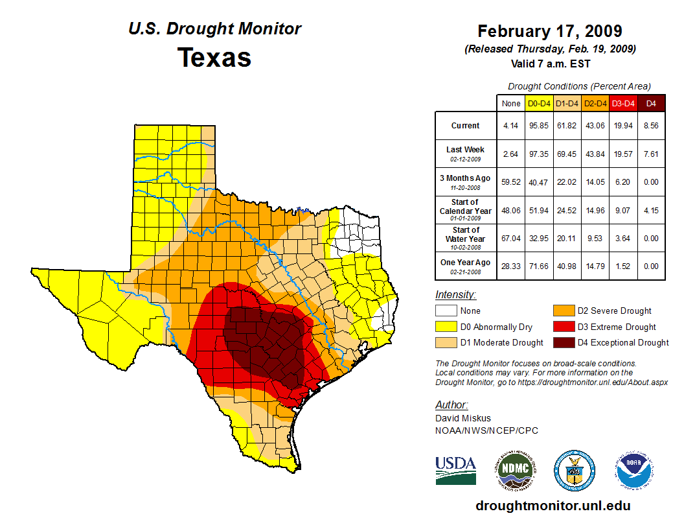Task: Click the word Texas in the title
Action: [214, 57]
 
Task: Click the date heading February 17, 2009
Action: [549, 32]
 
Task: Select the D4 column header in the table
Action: [651, 104]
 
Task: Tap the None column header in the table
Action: [511, 104]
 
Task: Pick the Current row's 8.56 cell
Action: [651, 126]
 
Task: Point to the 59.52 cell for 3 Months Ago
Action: [511, 182]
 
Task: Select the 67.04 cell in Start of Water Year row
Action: [511, 238]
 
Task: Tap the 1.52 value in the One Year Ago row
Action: [623, 266]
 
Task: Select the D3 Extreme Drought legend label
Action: [612, 327]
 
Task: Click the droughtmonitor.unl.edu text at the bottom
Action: [553, 506]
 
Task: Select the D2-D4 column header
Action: [595, 104]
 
